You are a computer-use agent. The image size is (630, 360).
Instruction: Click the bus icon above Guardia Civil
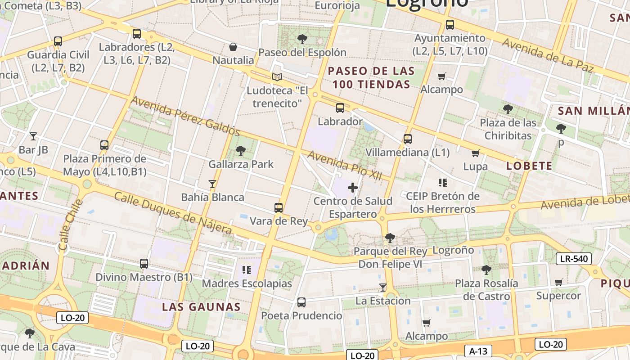click(x=58, y=41)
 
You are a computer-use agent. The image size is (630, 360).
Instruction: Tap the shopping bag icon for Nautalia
click(x=233, y=47)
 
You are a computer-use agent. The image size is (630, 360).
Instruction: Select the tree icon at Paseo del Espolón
click(x=302, y=39)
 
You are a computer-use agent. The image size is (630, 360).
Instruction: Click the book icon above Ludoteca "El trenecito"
click(x=277, y=77)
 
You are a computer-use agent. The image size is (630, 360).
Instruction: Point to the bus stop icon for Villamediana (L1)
click(x=408, y=139)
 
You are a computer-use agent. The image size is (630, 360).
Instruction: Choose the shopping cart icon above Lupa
click(x=476, y=153)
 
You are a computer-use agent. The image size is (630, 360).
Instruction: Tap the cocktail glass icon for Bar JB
click(x=33, y=136)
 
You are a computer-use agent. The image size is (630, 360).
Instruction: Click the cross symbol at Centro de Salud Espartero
click(x=353, y=188)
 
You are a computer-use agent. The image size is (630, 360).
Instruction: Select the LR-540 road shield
click(x=573, y=259)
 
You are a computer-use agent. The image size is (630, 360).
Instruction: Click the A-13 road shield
click(x=478, y=351)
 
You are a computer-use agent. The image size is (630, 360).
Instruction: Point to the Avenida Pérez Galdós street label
click(x=185, y=116)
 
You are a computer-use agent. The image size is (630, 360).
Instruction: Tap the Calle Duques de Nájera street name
click(x=173, y=213)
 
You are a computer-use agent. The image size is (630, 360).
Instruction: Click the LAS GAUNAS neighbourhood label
click(x=201, y=307)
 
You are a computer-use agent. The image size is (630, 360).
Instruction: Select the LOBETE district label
click(x=529, y=166)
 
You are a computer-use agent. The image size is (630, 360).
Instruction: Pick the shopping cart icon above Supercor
click(x=559, y=282)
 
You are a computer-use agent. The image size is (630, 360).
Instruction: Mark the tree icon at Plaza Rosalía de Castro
click(x=486, y=270)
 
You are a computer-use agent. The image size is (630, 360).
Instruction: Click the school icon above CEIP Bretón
click(x=443, y=182)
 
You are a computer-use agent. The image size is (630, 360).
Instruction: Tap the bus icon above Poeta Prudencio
click(x=301, y=302)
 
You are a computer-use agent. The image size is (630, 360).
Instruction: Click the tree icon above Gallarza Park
click(x=241, y=150)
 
